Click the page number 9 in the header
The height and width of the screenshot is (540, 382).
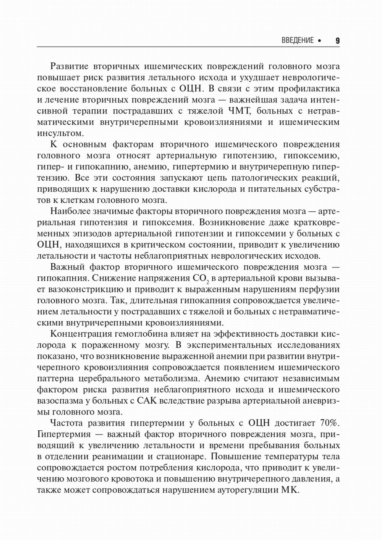(337, 41)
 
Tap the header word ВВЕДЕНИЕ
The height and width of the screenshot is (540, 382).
(297, 41)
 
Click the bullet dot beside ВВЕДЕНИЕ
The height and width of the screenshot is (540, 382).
(319, 41)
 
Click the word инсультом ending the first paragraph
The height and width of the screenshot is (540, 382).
(60, 133)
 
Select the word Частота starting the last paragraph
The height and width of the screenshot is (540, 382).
(66, 423)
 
